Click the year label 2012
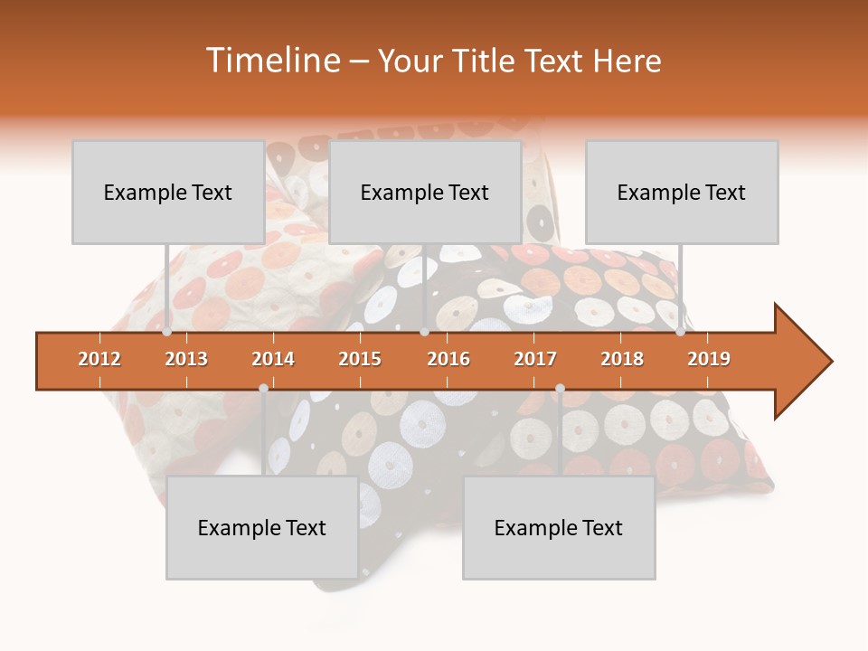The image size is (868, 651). (99, 359)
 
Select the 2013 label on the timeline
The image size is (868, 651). (186, 359)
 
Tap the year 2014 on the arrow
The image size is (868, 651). (273, 359)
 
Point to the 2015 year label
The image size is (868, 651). (360, 359)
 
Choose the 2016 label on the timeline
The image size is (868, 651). (448, 359)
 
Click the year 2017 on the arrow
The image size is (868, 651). (535, 359)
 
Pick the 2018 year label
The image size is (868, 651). (622, 359)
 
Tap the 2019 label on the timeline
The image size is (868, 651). (709, 359)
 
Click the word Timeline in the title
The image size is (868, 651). (271, 61)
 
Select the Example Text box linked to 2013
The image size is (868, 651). (168, 192)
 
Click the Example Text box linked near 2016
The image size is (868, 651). (425, 192)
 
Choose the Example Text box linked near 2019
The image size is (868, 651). (682, 192)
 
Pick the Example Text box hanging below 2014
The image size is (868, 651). (262, 527)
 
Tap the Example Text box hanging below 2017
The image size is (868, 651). (559, 527)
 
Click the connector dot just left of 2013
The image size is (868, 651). (167, 332)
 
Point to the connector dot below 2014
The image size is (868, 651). (263, 388)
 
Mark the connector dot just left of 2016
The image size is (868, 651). (424, 332)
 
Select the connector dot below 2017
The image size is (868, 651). (560, 388)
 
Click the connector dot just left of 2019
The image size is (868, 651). (681, 332)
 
